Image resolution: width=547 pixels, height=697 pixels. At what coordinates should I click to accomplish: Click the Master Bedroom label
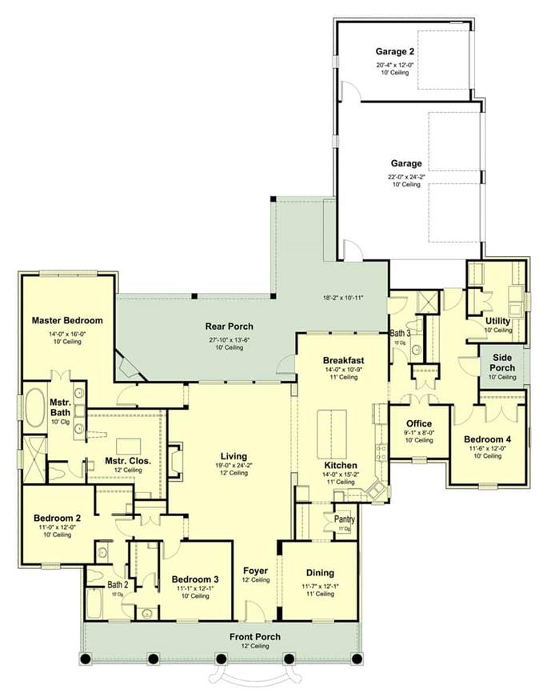click(x=67, y=321)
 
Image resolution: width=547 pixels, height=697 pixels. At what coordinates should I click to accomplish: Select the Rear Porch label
click(x=229, y=326)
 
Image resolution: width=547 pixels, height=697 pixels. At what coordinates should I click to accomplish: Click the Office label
click(x=418, y=424)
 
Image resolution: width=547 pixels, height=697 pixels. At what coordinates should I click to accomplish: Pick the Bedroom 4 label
click(x=486, y=439)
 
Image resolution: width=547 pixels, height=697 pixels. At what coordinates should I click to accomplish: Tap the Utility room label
click(x=497, y=321)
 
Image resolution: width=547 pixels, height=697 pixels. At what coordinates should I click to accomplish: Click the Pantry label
click(x=333, y=519)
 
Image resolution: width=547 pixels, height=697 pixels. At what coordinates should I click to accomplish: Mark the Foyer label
click(x=256, y=571)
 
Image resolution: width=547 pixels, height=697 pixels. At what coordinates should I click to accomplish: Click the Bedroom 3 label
click(x=195, y=579)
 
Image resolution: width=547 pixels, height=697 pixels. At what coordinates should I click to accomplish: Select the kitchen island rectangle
click(x=330, y=431)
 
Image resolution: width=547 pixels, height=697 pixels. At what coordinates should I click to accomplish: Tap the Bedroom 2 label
click(x=57, y=519)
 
